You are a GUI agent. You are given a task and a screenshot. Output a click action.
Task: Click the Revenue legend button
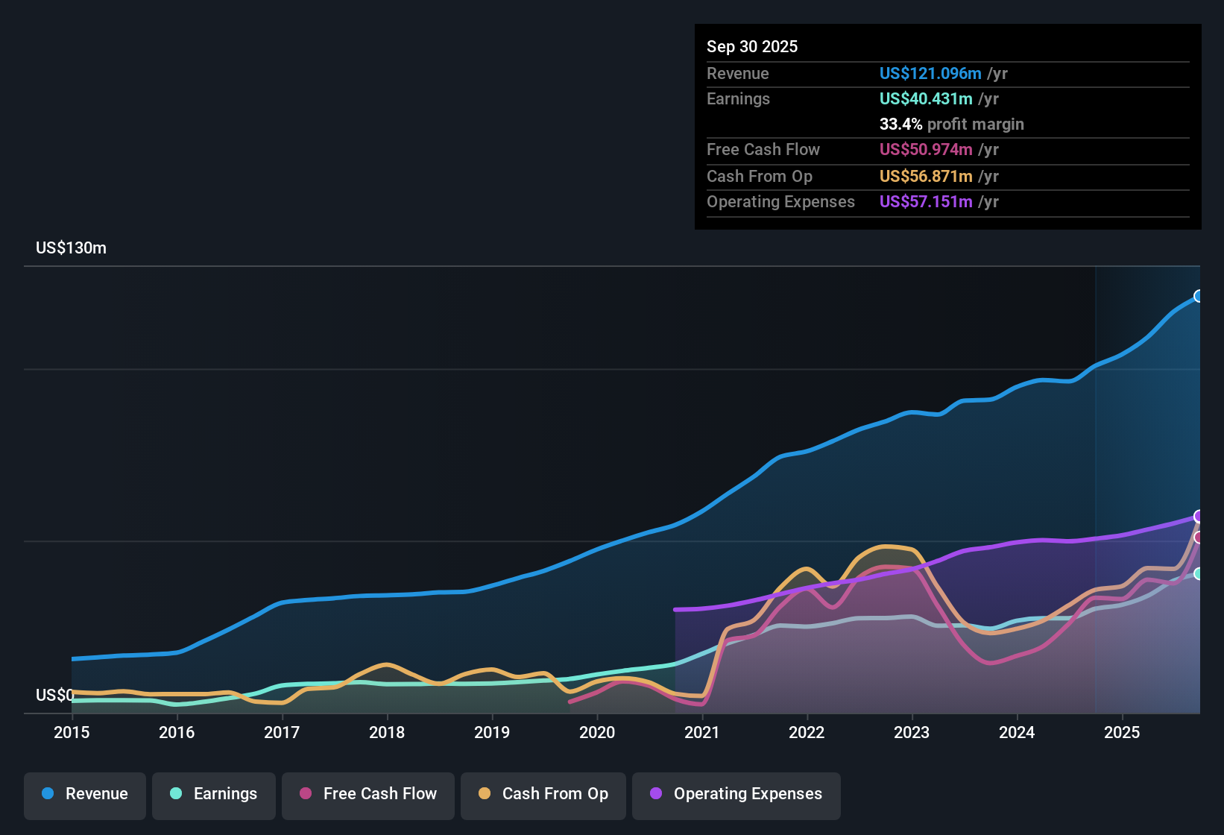(x=85, y=794)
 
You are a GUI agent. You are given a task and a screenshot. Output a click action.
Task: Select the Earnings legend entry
(x=214, y=794)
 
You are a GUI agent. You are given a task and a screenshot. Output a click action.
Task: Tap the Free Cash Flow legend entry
(x=368, y=794)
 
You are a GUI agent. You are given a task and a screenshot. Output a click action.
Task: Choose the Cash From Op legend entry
(x=543, y=794)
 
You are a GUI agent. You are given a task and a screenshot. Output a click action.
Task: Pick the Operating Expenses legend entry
(x=736, y=794)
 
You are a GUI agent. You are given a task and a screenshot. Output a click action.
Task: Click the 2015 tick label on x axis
(x=72, y=733)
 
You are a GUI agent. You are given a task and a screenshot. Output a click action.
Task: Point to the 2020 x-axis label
(x=597, y=733)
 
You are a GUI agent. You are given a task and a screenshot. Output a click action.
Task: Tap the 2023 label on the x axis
(x=912, y=733)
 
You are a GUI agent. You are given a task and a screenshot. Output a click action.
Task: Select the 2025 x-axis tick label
(x=1122, y=733)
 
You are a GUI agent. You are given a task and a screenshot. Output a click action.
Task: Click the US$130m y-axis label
(x=71, y=248)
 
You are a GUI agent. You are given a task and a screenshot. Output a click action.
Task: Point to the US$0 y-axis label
(x=54, y=696)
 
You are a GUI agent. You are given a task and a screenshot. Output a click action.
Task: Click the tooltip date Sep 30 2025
(x=752, y=47)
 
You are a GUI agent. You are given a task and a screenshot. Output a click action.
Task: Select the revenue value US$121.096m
(x=930, y=74)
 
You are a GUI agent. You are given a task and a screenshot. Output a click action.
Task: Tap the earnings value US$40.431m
(x=926, y=99)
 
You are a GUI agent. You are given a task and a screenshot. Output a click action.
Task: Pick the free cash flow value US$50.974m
(x=926, y=150)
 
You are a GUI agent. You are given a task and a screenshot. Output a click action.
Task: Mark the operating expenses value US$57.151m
(x=926, y=202)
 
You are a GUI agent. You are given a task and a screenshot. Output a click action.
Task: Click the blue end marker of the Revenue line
(x=1199, y=296)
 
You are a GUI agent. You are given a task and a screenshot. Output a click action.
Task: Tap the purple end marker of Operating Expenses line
(x=1199, y=516)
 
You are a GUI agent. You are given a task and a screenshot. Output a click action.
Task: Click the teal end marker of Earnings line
(x=1199, y=573)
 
